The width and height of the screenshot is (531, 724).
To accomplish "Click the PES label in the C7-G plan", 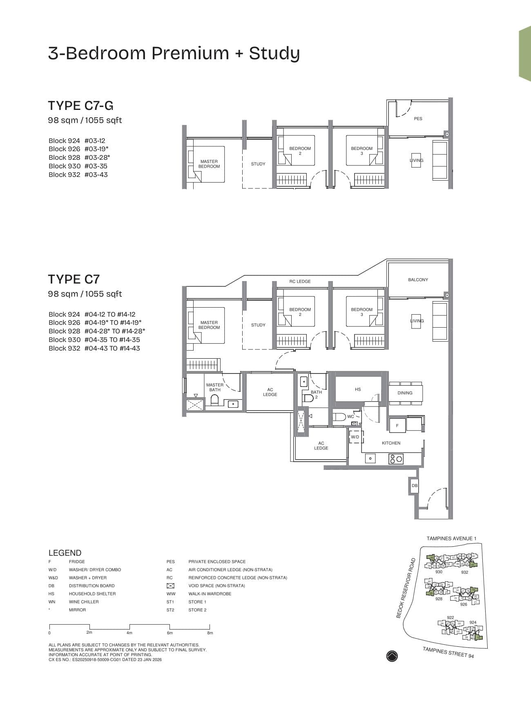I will [418, 118].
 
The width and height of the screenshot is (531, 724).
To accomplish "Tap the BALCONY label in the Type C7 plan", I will [418, 279].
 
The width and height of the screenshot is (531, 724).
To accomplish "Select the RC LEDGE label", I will [300, 282].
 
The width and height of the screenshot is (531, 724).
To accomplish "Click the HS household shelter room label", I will [358, 389].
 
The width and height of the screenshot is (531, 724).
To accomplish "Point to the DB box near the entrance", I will [415, 486].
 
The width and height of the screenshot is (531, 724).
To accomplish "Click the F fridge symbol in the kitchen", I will [397, 425].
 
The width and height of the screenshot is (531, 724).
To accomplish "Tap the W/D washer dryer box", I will [355, 437].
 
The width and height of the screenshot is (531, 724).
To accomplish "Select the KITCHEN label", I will [391, 443].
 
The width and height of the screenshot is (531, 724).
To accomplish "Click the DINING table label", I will [405, 393].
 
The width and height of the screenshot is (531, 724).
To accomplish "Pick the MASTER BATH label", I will [215, 387].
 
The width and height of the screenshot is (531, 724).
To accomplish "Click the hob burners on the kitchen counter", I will [396, 459].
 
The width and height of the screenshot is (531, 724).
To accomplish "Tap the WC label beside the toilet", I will [350, 417].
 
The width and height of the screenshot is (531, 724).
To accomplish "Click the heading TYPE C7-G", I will [81, 105].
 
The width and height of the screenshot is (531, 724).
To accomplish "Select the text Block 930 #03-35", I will [78, 166].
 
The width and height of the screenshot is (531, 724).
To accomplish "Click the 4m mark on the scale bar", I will [129, 632].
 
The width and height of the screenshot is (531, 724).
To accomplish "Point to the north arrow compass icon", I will [392, 656].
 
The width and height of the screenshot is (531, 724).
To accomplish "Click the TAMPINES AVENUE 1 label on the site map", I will [451, 539].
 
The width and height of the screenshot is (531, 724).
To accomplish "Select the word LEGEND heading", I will [65, 553].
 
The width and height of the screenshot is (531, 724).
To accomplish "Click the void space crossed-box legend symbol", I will [170, 585].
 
